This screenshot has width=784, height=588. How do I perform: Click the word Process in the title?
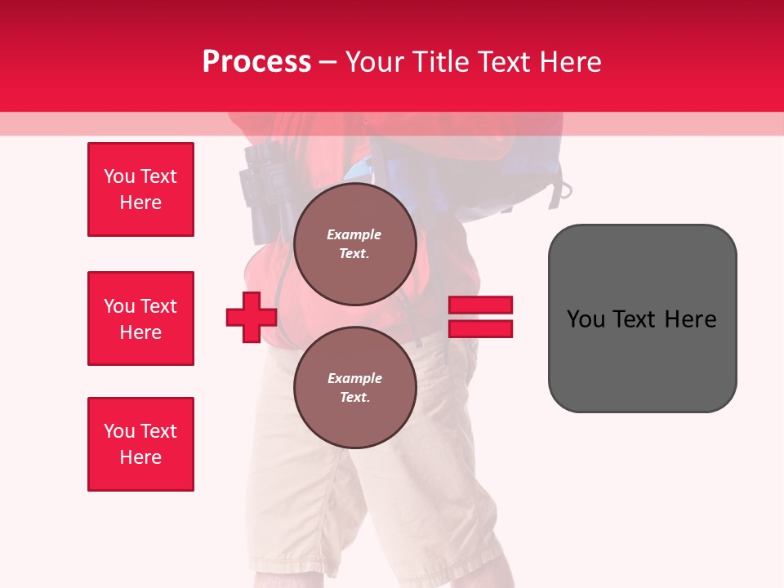coord(256,62)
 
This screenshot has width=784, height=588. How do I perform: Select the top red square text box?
coord(140,189)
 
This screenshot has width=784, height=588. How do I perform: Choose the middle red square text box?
coord(140,318)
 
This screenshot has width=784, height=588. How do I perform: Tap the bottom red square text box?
coord(140,444)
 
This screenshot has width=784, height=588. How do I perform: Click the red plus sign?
coord(252,318)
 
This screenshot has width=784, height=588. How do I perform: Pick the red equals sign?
coord(480,317)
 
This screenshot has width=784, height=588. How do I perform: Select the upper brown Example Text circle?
coord(354,244)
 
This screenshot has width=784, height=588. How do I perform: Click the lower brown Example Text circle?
coord(354,388)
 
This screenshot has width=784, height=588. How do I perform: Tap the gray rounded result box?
coord(642,318)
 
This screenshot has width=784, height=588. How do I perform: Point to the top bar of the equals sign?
coord(480,305)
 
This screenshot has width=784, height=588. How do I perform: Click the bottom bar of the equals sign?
coord(480,328)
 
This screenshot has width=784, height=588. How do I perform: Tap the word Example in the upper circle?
coord(354,234)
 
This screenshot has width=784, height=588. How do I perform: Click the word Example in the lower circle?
coord(354,378)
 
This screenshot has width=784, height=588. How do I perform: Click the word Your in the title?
coord(376,62)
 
